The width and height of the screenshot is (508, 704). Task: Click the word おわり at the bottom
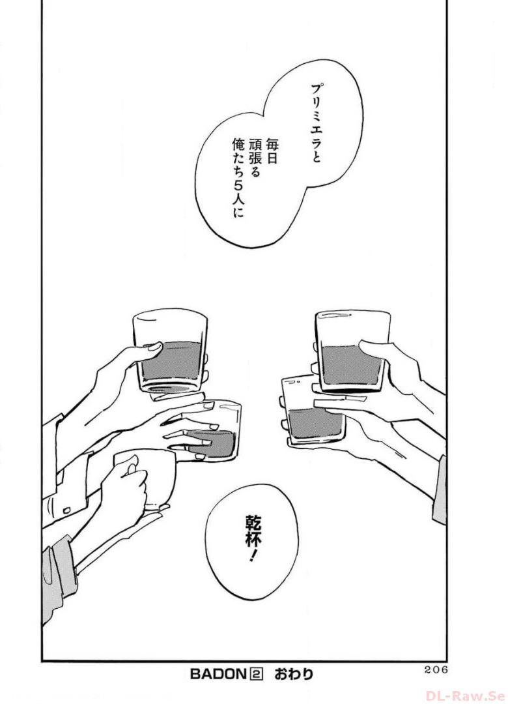click(x=294, y=674)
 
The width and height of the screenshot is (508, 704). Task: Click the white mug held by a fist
click(x=146, y=480)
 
